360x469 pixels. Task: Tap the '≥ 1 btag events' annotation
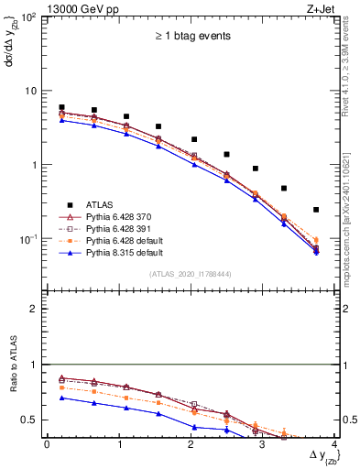click(191, 37)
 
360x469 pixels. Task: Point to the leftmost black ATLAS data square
click(61, 107)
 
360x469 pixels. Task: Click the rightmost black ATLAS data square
click(316, 210)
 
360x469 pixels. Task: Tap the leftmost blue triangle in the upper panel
click(61, 120)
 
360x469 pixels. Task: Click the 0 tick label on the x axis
click(46, 444)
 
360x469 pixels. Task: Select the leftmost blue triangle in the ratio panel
click(61, 398)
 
